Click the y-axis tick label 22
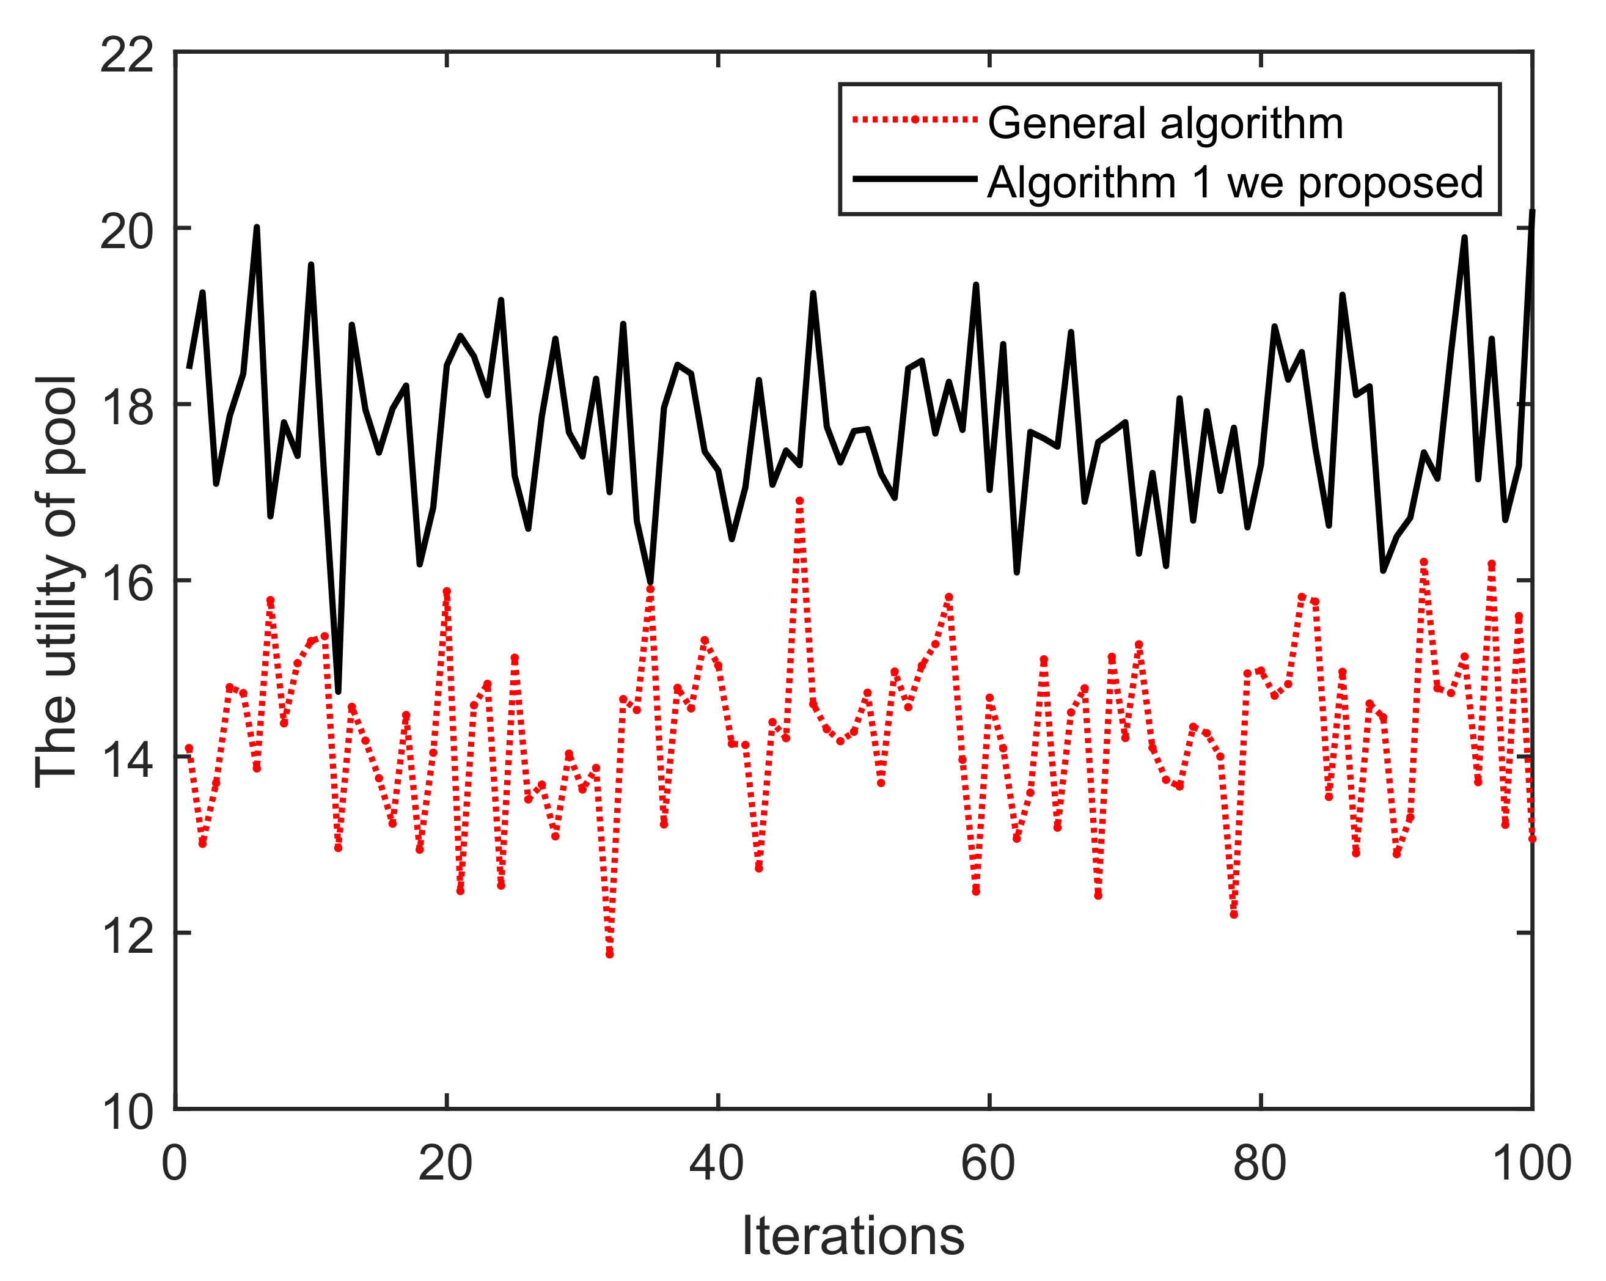[x=127, y=55]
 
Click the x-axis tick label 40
[x=717, y=1163]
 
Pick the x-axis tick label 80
[x=1259, y=1163]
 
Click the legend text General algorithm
[x=1165, y=123]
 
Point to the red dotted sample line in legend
[x=914, y=119]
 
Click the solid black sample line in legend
[x=914, y=178]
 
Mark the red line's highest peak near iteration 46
[x=799, y=501]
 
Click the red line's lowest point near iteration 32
[x=609, y=954]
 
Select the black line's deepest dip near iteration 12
[x=338, y=692]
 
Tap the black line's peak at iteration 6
[x=257, y=228]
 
